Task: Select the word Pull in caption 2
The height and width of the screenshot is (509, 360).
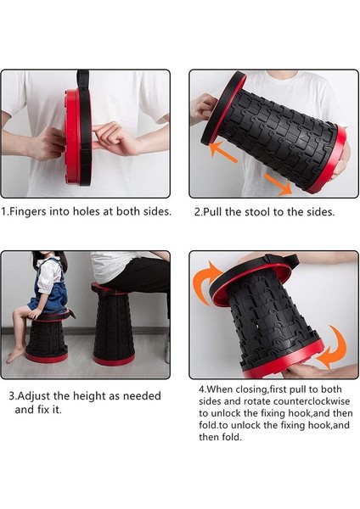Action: coord(213,212)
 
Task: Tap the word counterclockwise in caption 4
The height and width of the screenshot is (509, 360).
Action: coord(312,401)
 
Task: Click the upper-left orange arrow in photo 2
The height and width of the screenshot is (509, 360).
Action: coord(223,152)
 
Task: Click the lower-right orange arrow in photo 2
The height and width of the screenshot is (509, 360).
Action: coord(278,184)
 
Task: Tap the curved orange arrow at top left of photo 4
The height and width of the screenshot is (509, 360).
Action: coord(205,282)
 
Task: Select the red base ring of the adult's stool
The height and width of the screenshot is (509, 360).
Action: coord(114,360)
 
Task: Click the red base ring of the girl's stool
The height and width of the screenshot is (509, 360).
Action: coord(47,357)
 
